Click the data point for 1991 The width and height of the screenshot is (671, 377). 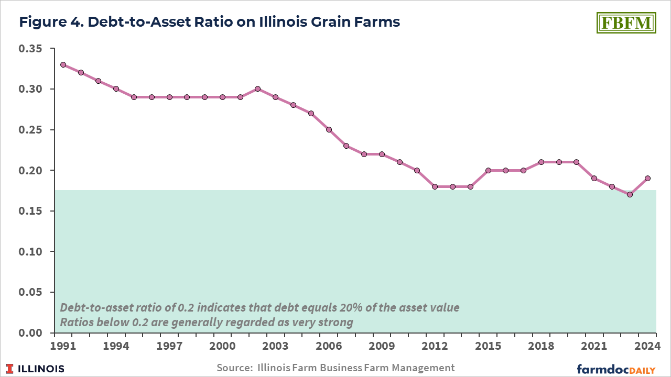pyautogui.click(x=63, y=65)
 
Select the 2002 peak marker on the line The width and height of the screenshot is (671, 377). pyautogui.click(x=257, y=89)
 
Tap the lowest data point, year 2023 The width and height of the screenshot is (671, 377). pyautogui.click(x=630, y=195)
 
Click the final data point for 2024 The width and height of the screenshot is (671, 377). pyautogui.click(x=647, y=178)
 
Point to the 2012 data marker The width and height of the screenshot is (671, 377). pyautogui.click(x=435, y=186)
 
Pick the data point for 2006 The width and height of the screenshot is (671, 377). pyautogui.click(x=329, y=130)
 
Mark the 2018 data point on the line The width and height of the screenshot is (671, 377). pyautogui.click(x=541, y=162)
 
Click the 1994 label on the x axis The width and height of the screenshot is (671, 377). pyautogui.click(x=116, y=347)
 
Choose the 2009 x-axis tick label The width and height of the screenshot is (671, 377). pyautogui.click(x=382, y=347)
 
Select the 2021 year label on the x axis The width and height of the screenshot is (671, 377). pyautogui.click(x=594, y=347)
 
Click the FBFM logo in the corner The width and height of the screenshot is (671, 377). pyautogui.click(x=626, y=23)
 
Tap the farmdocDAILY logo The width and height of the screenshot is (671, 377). pyautogui.click(x=616, y=369)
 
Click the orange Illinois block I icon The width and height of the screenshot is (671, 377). pyautogui.click(x=11, y=369)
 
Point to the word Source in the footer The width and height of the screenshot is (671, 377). pyautogui.click(x=233, y=368)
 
